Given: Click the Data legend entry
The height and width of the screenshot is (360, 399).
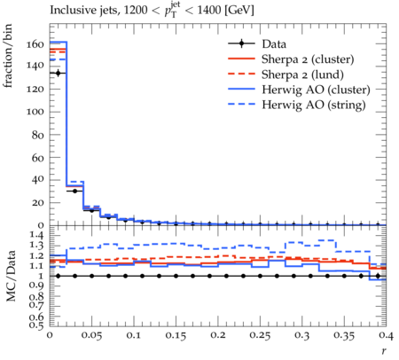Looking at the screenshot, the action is [274, 44].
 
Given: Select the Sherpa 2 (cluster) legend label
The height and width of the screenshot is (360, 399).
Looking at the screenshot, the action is [308, 59].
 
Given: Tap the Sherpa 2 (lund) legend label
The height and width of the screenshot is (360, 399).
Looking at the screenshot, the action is [302, 74].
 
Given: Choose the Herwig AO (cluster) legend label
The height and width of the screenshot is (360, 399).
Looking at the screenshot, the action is [316, 90].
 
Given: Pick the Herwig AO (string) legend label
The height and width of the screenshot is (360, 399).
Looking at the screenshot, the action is [314, 105].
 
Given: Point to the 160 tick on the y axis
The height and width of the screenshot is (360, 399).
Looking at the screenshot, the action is [35, 44].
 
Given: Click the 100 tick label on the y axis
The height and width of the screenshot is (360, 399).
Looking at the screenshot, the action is [35, 112].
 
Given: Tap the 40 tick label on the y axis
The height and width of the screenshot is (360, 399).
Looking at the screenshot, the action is [37, 179].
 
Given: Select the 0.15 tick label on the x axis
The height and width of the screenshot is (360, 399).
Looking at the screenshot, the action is [176, 335].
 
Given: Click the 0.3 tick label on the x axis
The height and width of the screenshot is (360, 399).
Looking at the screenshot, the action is [302, 335].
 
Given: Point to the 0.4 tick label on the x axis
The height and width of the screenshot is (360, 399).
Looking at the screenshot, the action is [386, 335].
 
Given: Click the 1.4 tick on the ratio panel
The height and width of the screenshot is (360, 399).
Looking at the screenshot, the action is [36, 236].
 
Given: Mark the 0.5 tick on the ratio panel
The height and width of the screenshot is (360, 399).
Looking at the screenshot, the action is [36, 325].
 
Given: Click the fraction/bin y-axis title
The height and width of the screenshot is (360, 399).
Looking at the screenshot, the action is [8, 56].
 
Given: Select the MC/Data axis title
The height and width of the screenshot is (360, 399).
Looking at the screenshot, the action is [11, 276].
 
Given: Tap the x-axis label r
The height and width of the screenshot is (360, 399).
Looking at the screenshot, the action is [384, 351].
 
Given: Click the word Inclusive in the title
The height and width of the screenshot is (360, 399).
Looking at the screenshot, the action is [69, 10].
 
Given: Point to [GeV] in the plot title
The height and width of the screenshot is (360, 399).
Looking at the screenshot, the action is [239, 10].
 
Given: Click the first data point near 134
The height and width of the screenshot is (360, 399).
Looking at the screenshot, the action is [59, 73].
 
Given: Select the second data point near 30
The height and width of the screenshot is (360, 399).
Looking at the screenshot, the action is [74, 192].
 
